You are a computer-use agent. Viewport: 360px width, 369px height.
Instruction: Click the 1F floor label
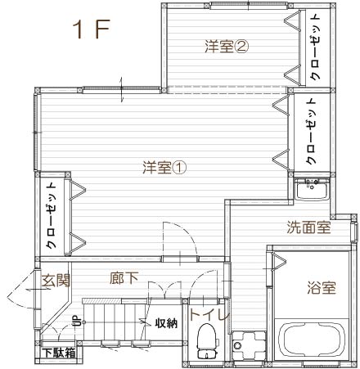pyautogui.click(x=91, y=29)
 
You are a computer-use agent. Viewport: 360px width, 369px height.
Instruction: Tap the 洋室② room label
pyautogui.click(x=227, y=47)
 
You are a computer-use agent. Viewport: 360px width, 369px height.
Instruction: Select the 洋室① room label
pyautogui.click(x=164, y=168)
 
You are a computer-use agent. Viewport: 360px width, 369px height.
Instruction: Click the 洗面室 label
pyautogui.click(x=309, y=227)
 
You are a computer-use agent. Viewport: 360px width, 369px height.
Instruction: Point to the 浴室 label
pyautogui.click(x=322, y=287)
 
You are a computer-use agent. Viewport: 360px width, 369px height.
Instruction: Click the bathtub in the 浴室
pyautogui.click(x=312, y=340)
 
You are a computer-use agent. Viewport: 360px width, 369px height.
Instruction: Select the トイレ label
pyautogui.click(x=209, y=314)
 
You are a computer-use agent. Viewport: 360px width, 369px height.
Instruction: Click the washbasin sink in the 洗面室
pyautogui.click(x=312, y=190)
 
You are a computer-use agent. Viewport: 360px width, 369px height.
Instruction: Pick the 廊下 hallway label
pyautogui.click(x=124, y=278)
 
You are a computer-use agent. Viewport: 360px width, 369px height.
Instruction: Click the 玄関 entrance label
pyautogui.click(x=56, y=280)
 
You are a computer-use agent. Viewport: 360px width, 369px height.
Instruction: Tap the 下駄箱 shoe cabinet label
pyautogui.click(x=59, y=353)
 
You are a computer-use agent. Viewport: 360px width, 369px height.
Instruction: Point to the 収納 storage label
pyautogui.click(x=167, y=323)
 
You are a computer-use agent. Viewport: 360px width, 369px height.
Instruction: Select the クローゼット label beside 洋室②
pyautogui.click(x=317, y=47)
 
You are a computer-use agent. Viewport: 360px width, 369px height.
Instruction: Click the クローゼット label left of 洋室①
pyautogui.click(x=52, y=216)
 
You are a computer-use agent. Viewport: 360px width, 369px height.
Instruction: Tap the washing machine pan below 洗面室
pyautogui.click(x=249, y=345)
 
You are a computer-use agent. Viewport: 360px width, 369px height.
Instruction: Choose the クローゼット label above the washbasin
pyautogui.click(x=311, y=131)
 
